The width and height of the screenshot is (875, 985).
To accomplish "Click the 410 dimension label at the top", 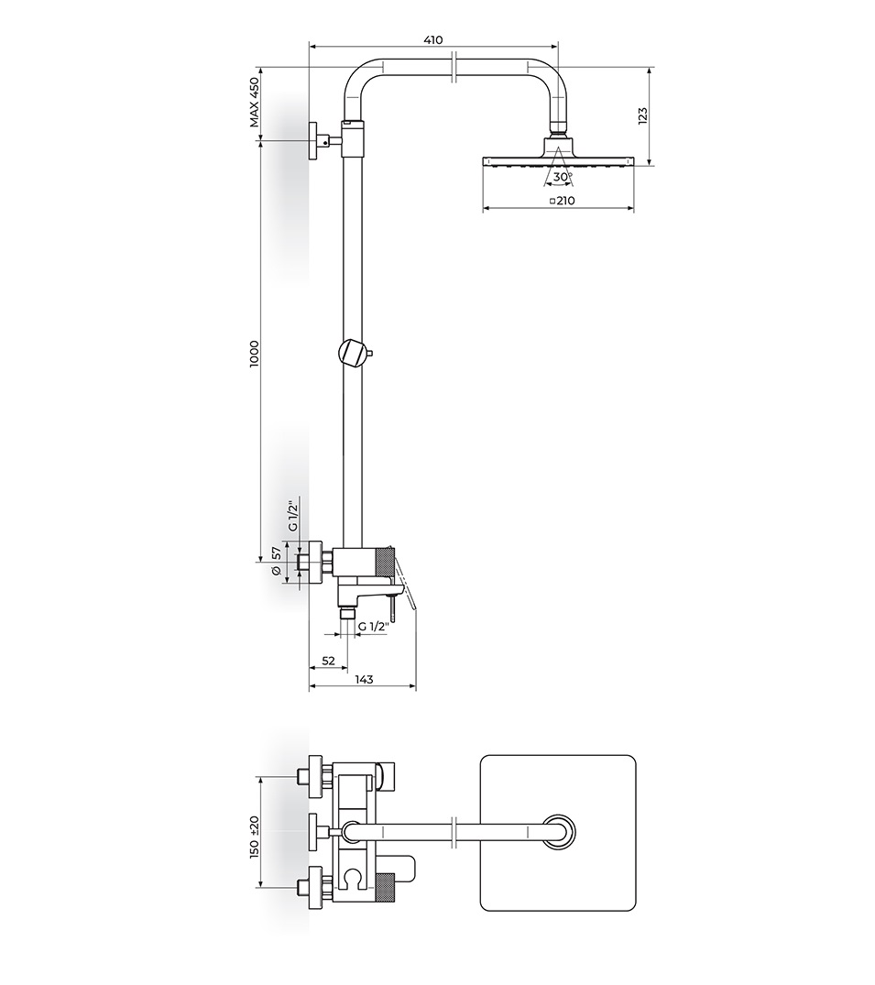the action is pyautogui.click(x=432, y=39).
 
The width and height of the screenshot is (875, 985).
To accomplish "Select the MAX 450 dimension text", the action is pyautogui.click(x=254, y=103).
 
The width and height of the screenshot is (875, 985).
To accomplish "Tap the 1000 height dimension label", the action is pyautogui.click(x=254, y=355).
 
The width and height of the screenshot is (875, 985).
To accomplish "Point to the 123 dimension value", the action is pyautogui.click(x=642, y=116).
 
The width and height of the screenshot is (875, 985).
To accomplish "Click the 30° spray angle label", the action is pyautogui.click(x=563, y=177).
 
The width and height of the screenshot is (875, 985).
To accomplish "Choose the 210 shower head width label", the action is pyautogui.click(x=565, y=201).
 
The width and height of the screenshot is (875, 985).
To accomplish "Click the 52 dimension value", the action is pyautogui.click(x=329, y=661).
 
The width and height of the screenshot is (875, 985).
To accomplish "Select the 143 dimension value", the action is pyautogui.click(x=365, y=679).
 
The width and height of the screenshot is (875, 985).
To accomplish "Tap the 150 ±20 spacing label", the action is pyautogui.click(x=254, y=837).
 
